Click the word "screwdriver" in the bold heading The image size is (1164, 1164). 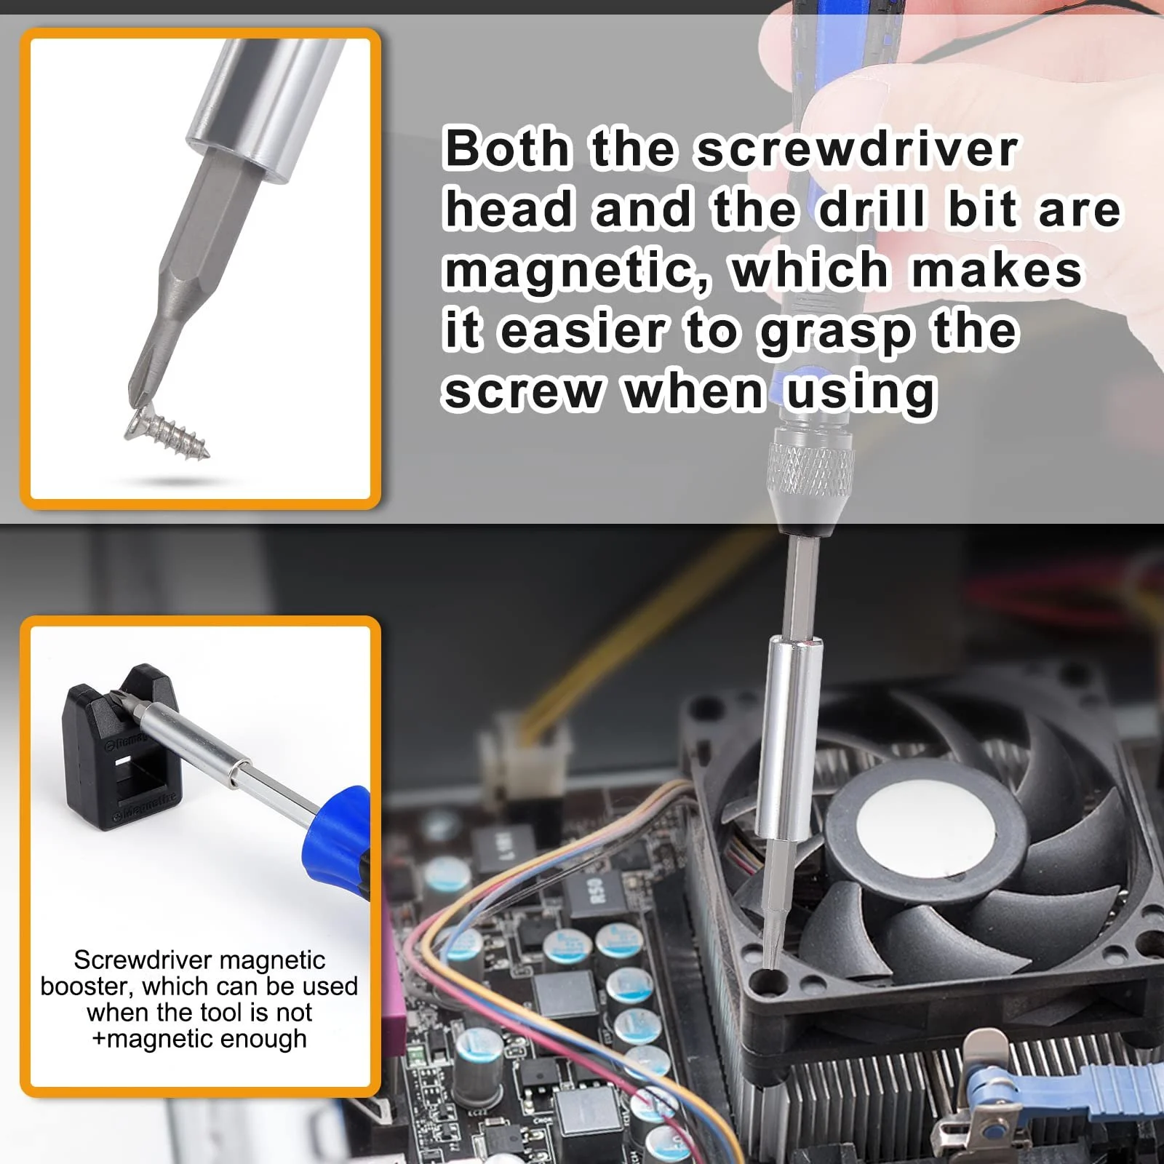(x=856, y=149)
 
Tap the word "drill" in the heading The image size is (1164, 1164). (x=872, y=210)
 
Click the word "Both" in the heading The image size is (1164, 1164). (x=506, y=148)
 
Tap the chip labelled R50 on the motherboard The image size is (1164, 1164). (x=597, y=891)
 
